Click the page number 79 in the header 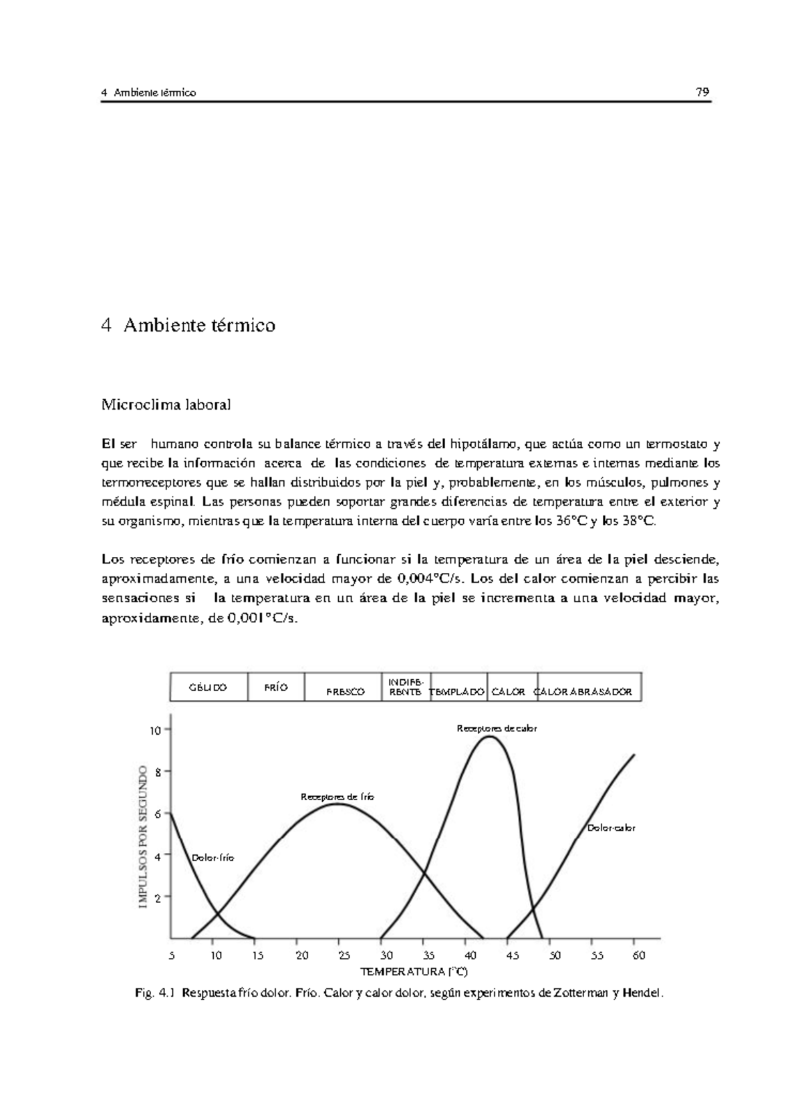click(702, 92)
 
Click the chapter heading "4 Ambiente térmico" click(188, 326)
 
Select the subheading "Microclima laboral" click(166, 404)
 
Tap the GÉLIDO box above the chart click(208, 687)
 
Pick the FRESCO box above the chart click(345, 691)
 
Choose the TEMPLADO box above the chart click(458, 692)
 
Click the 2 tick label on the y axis click(157, 898)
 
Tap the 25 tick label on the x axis click(344, 956)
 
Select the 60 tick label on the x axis click(638, 956)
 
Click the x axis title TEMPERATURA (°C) click(414, 971)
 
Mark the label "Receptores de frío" click(338, 797)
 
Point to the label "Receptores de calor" click(497, 729)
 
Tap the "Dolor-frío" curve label click(213, 858)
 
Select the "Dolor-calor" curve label click(611, 828)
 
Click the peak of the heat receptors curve click(489, 737)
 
